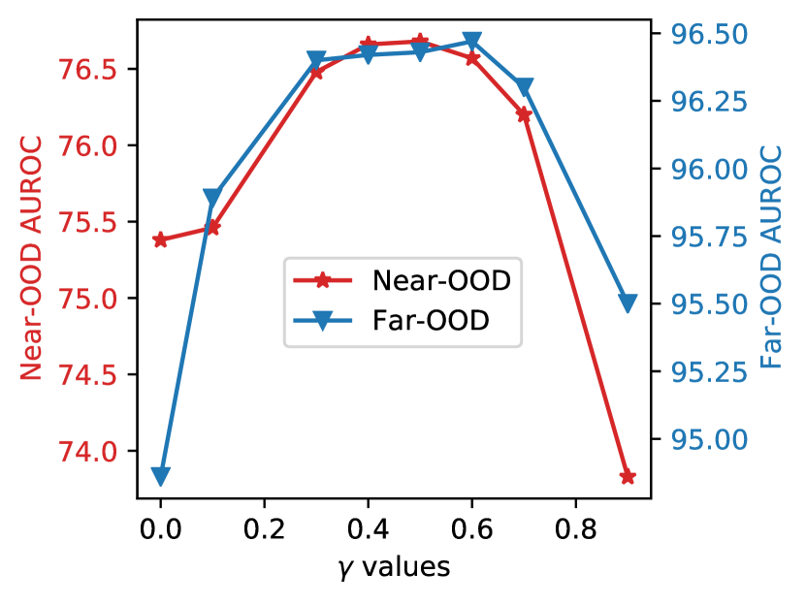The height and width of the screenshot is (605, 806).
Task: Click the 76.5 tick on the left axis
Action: [x=88, y=71]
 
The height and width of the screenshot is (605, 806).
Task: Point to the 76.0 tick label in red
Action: [x=88, y=147]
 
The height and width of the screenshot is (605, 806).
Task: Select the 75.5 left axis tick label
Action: [x=88, y=223]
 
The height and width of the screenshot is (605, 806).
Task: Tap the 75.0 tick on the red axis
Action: [x=88, y=300]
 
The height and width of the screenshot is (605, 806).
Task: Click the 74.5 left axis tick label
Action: [x=88, y=375]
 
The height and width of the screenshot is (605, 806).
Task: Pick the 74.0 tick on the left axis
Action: [x=88, y=452]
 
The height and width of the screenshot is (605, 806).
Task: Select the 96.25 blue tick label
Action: [x=710, y=103]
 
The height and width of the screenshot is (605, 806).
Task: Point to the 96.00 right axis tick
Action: [x=710, y=171]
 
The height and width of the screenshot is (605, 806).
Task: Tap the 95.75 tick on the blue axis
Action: [x=710, y=238]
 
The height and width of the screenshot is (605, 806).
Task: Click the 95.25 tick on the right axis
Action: [x=710, y=372]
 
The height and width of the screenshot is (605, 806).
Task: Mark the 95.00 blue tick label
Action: [x=710, y=440]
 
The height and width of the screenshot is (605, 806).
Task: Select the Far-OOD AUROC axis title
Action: [x=772, y=256]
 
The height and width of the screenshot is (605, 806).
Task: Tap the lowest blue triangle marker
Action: [x=161, y=476]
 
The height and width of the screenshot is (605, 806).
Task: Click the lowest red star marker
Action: [x=628, y=477]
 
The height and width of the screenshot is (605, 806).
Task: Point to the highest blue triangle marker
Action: [x=472, y=41]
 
